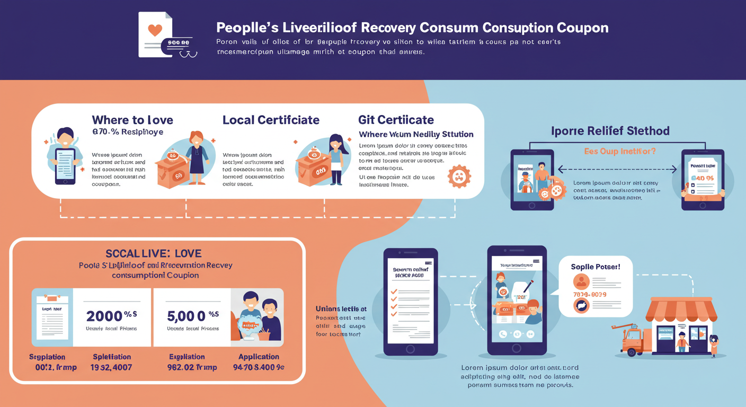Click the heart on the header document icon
(155, 30)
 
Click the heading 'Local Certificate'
(271, 120)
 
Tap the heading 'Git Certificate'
(396, 120)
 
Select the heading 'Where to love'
(132, 120)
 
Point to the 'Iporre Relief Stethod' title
(610, 131)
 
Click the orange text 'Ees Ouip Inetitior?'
(620, 151)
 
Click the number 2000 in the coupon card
(105, 316)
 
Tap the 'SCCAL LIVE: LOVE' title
(154, 254)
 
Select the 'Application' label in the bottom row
(259, 357)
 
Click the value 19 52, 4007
(111, 367)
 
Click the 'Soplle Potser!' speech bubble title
(596, 267)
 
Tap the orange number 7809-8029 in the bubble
(589, 294)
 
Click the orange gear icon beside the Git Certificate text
(459, 176)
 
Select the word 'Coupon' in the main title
(582, 28)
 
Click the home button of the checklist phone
(410, 349)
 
